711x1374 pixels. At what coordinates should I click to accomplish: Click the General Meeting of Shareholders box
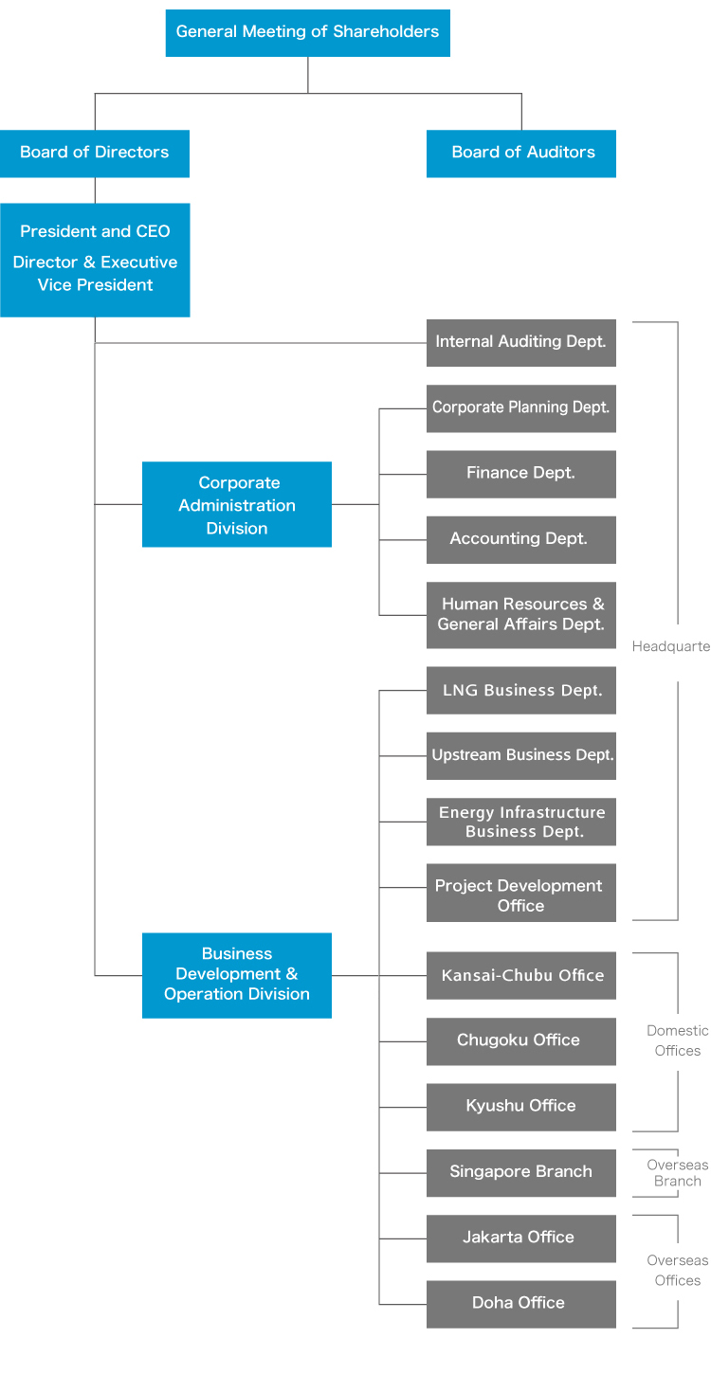coord(307,32)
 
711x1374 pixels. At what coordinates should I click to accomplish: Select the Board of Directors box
coord(95,153)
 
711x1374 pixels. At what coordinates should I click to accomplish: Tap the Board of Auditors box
coord(521,153)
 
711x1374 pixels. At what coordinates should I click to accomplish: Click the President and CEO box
coord(95,259)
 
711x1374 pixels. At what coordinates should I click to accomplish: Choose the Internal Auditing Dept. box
coord(521,342)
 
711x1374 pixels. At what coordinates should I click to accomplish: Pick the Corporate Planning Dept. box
coord(521,407)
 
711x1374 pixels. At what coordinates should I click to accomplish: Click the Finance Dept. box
coord(521,473)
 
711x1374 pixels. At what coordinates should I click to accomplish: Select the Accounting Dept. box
coord(521,539)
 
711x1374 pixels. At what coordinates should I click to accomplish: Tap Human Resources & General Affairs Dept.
coord(521,614)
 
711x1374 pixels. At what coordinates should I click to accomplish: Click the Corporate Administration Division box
coord(237,504)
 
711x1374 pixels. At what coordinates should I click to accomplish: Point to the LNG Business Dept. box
coord(521,690)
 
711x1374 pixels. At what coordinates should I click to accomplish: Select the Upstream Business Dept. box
coord(521,755)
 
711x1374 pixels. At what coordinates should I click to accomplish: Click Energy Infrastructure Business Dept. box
coord(521,822)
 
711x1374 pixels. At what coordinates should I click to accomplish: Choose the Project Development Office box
coord(521,893)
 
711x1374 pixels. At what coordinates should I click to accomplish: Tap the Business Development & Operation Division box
coord(237,974)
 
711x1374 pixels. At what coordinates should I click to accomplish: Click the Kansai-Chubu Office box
coord(521,975)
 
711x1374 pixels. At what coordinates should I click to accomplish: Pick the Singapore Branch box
coord(521,1172)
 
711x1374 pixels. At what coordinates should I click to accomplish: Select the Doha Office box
coord(521,1304)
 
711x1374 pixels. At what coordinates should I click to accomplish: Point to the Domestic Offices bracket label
coord(677,1040)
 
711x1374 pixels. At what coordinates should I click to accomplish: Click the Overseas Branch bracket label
coord(677,1172)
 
